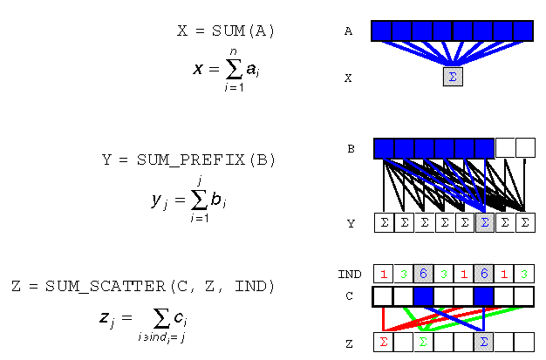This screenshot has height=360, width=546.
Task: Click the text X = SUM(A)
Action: tap(226, 31)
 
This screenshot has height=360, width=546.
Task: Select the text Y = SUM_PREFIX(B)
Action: tap(188, 160)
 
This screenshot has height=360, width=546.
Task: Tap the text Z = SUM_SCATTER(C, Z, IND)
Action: tap(143, 286)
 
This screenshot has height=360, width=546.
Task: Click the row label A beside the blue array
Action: tap(348, 31)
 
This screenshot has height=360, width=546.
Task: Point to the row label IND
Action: tap(349, 274)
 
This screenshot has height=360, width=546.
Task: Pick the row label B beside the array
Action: tap(351, 149)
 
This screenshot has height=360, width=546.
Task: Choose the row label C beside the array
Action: tap(349, 296)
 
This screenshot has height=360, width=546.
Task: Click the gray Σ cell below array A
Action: tap(453, 77)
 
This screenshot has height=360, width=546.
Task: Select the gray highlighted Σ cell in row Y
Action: tap(485, 223)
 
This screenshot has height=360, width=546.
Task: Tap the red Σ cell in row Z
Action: tap(383, 341)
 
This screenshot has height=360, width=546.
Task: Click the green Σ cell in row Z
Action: tap(424, 341)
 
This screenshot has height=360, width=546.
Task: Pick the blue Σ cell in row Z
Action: tap(484, 341)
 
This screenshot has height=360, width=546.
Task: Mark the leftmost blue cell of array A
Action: tap(381, 31)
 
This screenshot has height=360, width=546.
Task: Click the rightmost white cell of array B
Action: tap(525, 148)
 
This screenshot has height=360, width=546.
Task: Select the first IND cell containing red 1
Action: tap(383, 274)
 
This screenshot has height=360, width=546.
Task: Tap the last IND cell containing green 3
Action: tap(524, 274)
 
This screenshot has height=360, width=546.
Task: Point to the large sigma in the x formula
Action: tap(232, 71)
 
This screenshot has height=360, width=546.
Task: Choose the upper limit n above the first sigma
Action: tap(233, 52)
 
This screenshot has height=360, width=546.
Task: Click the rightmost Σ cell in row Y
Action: tap(525, 223)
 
